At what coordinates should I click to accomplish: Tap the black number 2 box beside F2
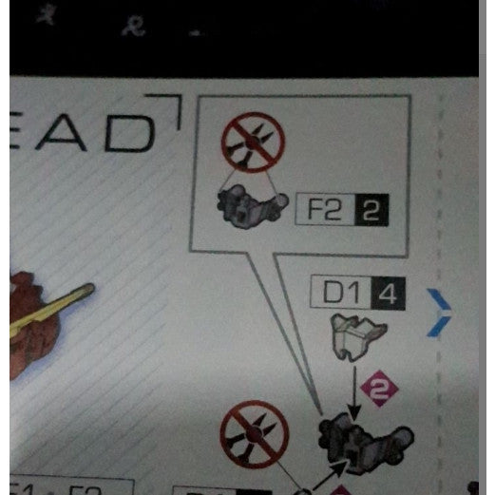[x=371, y=209]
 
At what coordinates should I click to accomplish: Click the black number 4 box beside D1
[x=388, y=293]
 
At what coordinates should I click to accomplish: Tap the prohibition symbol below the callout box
[x=254, y=435]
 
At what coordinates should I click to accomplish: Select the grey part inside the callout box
[x=252, y=204]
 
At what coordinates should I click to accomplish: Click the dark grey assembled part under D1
[x=366, y=439]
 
